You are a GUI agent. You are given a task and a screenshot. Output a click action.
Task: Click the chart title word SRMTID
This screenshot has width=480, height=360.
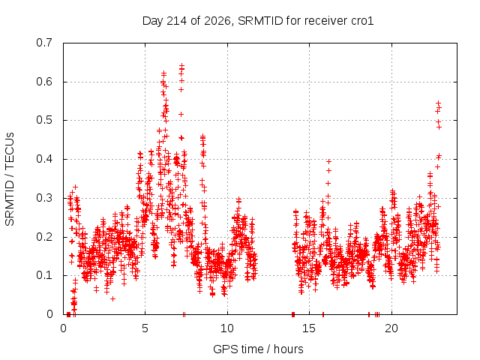pyautogui.click(x=260, y=21)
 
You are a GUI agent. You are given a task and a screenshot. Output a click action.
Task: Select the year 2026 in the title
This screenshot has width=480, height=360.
pyautogui.click(x=217, y=21)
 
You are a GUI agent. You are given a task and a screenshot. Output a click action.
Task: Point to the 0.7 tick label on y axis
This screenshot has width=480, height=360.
pyautogui.click(x=44, y=43)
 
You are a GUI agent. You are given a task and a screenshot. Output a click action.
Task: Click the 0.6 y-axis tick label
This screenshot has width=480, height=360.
pyautogui.click(x=44, y=82)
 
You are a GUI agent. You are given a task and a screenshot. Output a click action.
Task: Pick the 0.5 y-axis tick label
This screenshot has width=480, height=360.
pyautogui.click(x=44, y=120)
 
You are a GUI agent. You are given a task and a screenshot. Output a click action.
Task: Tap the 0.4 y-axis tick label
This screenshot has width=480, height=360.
pyautogui.click(x=44, y=159)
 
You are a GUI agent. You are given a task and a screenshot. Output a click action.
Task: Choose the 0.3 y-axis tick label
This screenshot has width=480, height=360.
pyautogui.click(x=44, y=198)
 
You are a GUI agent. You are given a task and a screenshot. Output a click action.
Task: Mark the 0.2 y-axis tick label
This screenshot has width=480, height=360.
pyautogui.click(x=44, y=237)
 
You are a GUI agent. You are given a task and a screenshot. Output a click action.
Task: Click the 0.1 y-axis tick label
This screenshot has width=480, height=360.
pyautogui.click(x=44, y=275)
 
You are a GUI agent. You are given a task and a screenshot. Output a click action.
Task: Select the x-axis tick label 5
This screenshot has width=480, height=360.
pyautogui.click(x=145, y=328)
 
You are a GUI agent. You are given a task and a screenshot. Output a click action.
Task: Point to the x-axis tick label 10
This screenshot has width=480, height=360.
pyautogui.click(x=227, y=328)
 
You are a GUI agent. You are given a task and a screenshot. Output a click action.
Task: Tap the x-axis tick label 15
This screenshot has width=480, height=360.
pyautogui.click(x=309, y=328)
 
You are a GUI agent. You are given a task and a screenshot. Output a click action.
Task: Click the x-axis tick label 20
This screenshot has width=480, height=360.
pyautogui.click(x=391, y=328)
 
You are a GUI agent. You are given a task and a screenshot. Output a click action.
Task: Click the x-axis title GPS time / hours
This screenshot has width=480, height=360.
pyautogui.click(x=258, y=349)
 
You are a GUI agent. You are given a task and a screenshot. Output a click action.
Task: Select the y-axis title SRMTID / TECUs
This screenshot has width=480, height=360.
pyautogui.click(x=10, y=179)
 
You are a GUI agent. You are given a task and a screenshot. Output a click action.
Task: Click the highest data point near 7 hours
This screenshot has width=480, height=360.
pyautogui.click(x=181, y=66)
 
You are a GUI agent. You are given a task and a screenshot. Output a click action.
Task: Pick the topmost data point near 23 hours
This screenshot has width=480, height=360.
pyautogui.click(x=438, y=103)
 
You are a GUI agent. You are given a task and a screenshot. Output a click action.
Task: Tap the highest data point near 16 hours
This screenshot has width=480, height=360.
pyautogui.click(x=328, y=161)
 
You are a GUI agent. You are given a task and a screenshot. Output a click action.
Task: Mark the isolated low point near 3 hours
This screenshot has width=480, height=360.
pyautogui.click(x=112, y=298)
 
